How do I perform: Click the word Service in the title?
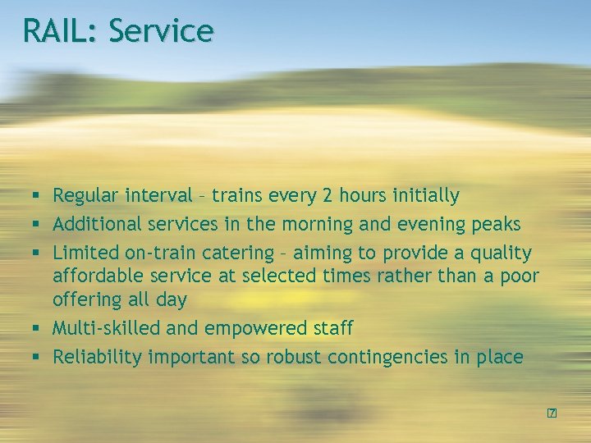pyautogui.click(x=161, y=31)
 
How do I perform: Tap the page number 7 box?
pyautogui.click(x=552, y=412)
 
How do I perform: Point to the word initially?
pyautogui.click(x=424, y=196)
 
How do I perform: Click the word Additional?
pyautogui.click(x=98, y=224)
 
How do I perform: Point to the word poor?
pyautogui.click(x=515, y=276)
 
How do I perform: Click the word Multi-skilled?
pyautogui.click(x=107, y=328)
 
